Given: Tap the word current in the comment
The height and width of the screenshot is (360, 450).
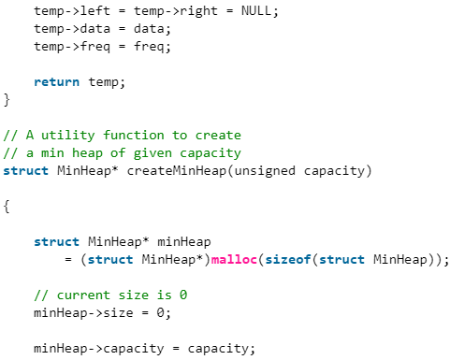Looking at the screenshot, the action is [83, 295].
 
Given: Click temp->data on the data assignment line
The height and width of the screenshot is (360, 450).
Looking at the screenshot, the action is [68, 28].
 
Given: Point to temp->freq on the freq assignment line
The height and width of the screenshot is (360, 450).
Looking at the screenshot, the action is [68, 46].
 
